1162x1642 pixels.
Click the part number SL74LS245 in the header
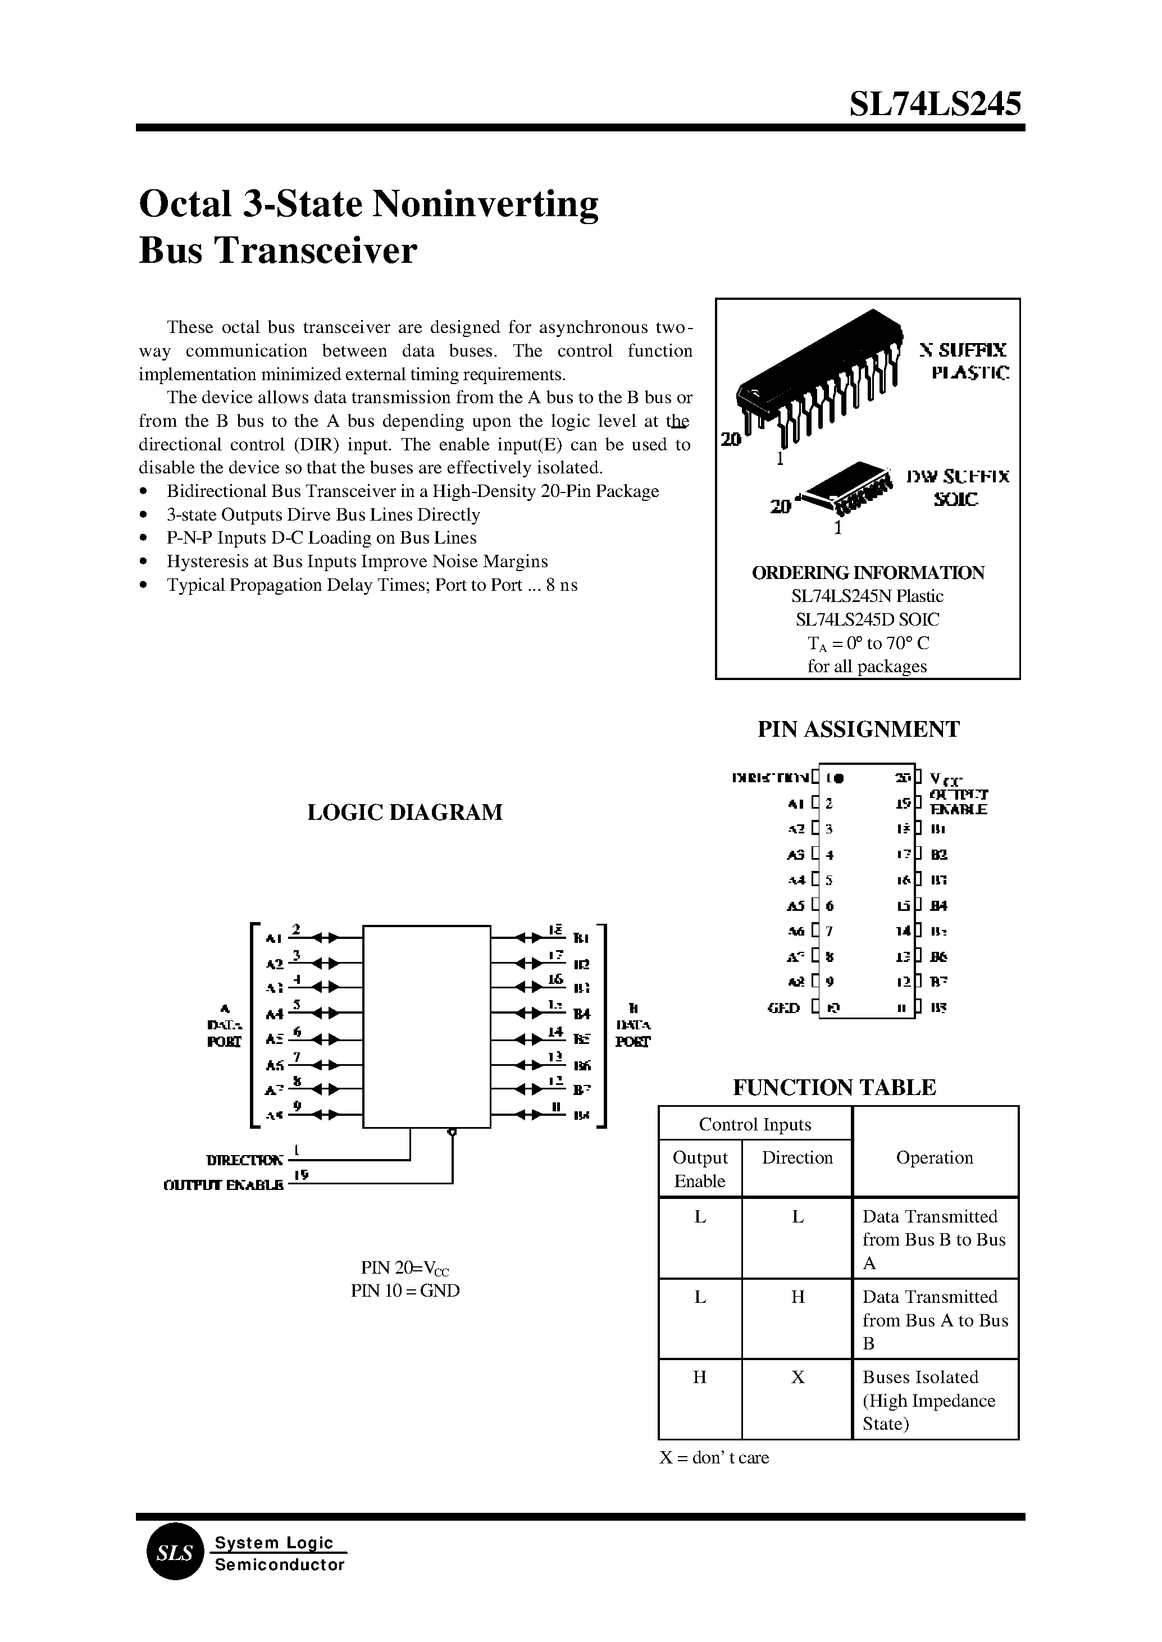(935, 104)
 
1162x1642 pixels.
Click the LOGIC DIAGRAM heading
(404, 812)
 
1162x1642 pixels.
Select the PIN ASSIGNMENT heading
(858, 729)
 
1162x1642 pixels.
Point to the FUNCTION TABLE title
(833, 1087)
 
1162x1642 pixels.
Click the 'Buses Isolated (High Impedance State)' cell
(935, 1399)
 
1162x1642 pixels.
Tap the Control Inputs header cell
(755, 1124)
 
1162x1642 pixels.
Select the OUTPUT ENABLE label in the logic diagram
(223, 1185)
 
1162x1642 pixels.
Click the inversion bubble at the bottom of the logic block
(452, 1132)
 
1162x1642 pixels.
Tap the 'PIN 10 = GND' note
(405, 1290)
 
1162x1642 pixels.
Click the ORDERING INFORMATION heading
(867, 572)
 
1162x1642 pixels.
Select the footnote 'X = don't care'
(713, 1457)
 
